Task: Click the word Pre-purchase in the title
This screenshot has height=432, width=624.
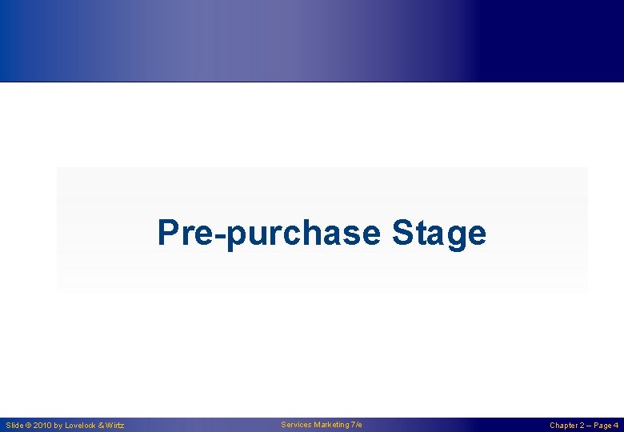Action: tap(269, 234)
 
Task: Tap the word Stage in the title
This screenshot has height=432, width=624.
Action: tap(438, 234)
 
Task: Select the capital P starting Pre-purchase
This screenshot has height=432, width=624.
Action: tap(168, 232)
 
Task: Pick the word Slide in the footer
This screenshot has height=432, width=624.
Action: tap(14, 426)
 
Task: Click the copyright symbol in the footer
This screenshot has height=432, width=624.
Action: tap(29, 426)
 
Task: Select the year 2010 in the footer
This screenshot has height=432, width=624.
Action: tap(42, 426)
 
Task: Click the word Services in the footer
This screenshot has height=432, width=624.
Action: tap(297, 425)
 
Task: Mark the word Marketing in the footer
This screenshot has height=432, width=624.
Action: tap(332, 425)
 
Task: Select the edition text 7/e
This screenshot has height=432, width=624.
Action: tap(357, 425)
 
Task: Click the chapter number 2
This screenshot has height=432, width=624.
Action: tap(582, 426)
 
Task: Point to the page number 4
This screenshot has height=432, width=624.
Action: tap(616, 426)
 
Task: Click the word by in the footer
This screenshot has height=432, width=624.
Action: tap(58, 426)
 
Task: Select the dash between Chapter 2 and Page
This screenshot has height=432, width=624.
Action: tap(590, 426)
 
